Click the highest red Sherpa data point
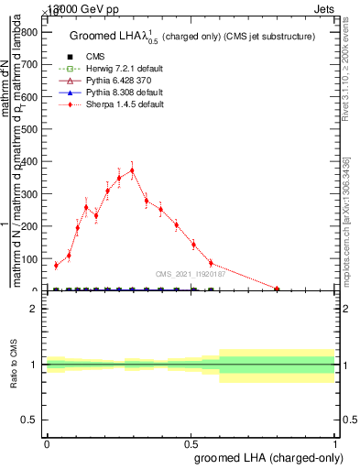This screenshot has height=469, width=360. point(132,170)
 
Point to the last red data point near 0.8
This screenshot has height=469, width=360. point(277,289)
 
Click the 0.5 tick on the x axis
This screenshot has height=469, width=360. point(191,442)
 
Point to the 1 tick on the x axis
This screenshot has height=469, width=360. point(335,442)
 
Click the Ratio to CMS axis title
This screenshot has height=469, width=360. point(12,365)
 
